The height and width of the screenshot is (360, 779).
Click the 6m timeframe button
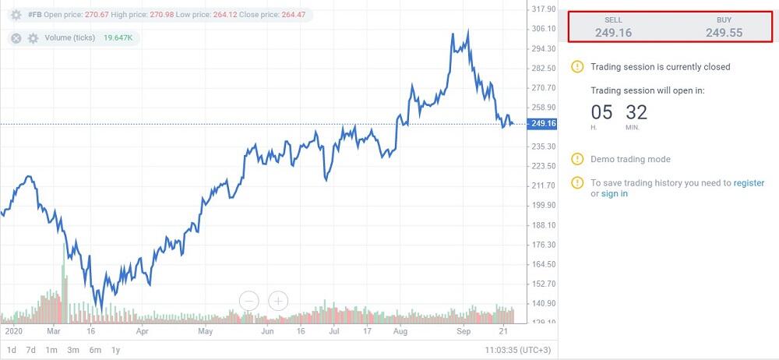click(95, 350)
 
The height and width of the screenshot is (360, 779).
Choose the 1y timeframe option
click(115, 350)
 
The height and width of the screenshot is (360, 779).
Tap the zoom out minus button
click(249, 300)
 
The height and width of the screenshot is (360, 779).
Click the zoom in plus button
click(278, 300)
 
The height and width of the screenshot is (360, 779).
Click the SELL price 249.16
click(613, 32)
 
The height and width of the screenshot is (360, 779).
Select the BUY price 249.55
click(724, 32)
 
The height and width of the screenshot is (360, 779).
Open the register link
click(749, 183)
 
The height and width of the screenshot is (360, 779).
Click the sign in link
click(614, 193)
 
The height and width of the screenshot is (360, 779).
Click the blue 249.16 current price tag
click(541, 123)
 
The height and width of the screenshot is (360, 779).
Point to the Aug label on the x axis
click(400, 330)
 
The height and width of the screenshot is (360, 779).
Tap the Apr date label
click(142, 330)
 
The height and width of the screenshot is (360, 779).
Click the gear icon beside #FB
click(16, 15)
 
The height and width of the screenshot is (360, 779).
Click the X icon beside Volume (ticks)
click(16, 37)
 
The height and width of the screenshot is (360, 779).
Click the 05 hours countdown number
click(601, 112)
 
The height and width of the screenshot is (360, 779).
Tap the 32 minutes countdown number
click(636, 112)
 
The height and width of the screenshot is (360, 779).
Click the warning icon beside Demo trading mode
click(576, 159)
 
